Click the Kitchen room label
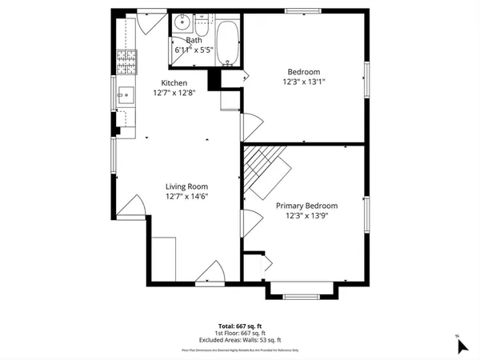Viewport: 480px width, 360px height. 174,83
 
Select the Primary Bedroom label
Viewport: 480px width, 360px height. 306,206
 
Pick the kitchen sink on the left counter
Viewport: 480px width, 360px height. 126,95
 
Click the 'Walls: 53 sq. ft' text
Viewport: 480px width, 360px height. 261,338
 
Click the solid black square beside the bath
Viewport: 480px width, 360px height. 214,79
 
